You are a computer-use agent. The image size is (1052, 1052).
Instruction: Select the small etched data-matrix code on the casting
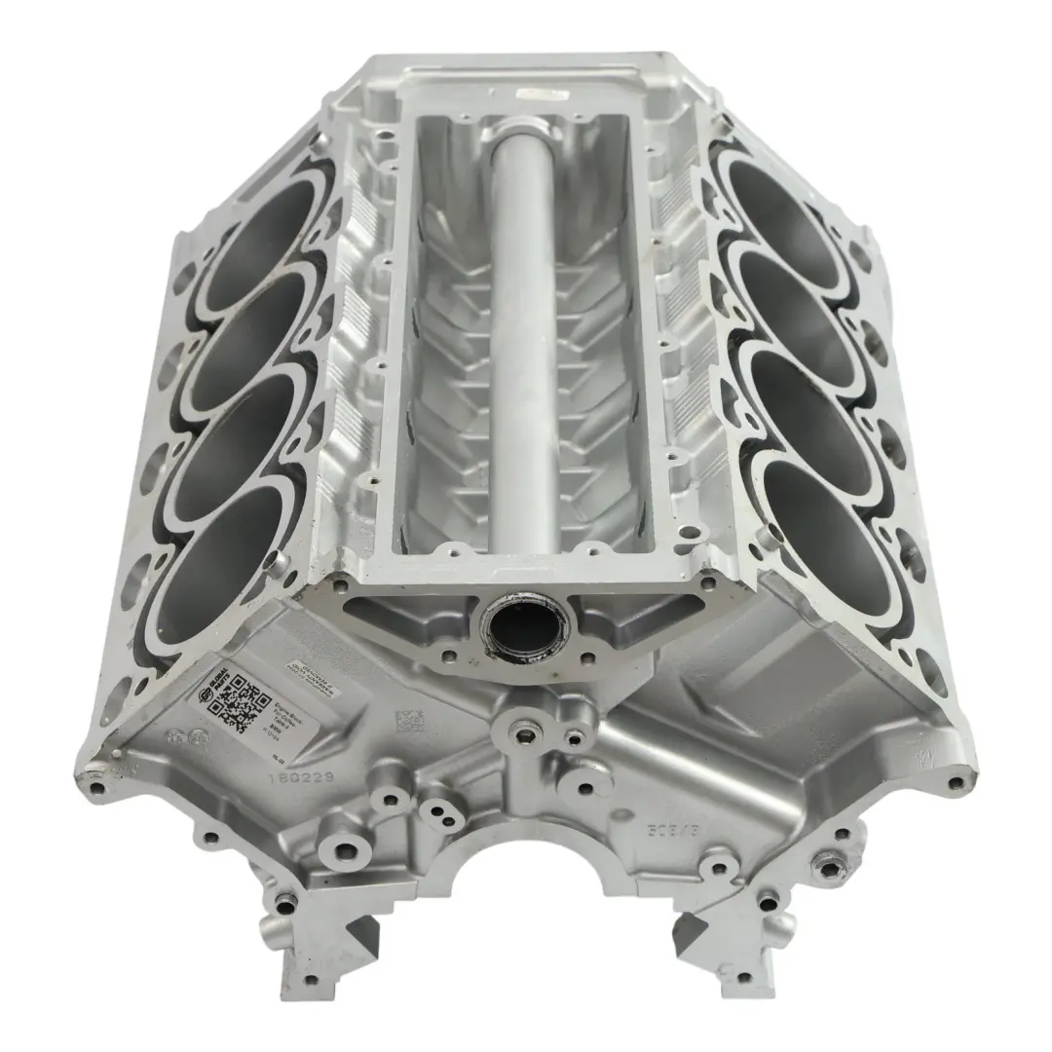pos(408,722)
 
